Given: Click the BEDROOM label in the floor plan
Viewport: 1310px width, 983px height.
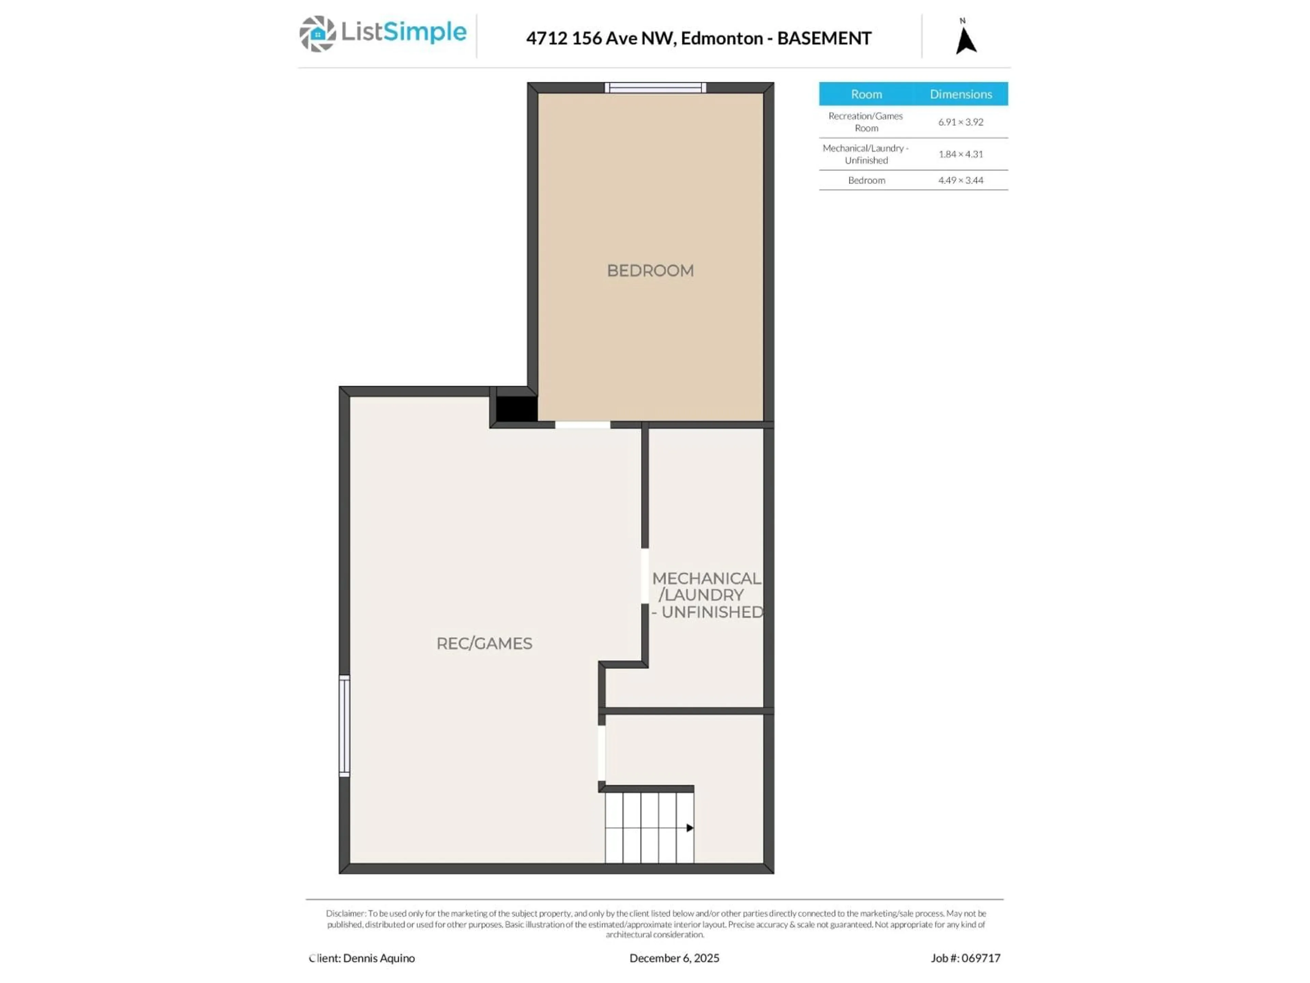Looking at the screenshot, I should click(650, 271).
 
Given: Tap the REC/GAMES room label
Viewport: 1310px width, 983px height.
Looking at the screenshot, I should click(484, 643).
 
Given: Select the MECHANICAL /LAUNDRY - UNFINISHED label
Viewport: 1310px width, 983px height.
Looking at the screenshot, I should click(707, 595).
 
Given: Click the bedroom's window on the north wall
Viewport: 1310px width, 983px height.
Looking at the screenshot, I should click(655, 88).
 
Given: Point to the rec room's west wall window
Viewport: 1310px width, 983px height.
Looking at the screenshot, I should click(344, 725).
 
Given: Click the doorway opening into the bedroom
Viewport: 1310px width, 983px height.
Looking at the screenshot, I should click(582, 425).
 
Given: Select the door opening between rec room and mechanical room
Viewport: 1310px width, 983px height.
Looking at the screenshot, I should click(644, 576).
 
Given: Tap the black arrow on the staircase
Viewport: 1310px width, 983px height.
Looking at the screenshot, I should click(689, 828).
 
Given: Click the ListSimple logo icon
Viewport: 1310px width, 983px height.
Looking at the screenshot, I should click(317, 34).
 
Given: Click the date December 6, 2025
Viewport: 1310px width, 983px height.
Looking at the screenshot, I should click(674, 958).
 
